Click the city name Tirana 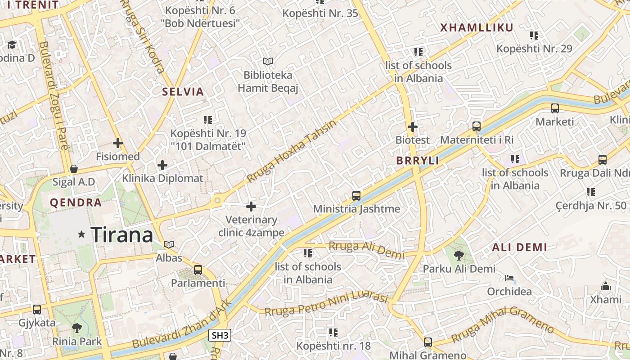click(x=121, y=235)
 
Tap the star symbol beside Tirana click(x=81, y=234)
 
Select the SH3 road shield click(x=220, y=335)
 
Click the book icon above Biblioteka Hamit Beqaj click(x=268, y=61)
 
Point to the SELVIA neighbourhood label click(x=183, y=92)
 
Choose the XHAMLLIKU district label click(x=477, y=27)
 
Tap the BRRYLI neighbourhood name click(x=418, y=161)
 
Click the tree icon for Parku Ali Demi click(x=459, y=256)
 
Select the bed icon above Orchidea click(x=509, y=278)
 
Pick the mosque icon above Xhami click(x=606, y=286)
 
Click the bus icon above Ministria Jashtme click(x=356, y=196)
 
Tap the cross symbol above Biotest click(x=412, y=127)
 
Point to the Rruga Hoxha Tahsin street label click(x=291, y=152)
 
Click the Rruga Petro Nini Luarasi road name click(x=326, y=305)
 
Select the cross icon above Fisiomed click(x=118, y=143)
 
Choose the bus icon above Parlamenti click(x=198, y=270)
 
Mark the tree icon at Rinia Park click(x=77, y=328)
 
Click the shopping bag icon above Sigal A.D click(x=74, y=169)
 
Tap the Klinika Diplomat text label click(x=163, y=178)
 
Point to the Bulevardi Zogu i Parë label click(x=54, y=95)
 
